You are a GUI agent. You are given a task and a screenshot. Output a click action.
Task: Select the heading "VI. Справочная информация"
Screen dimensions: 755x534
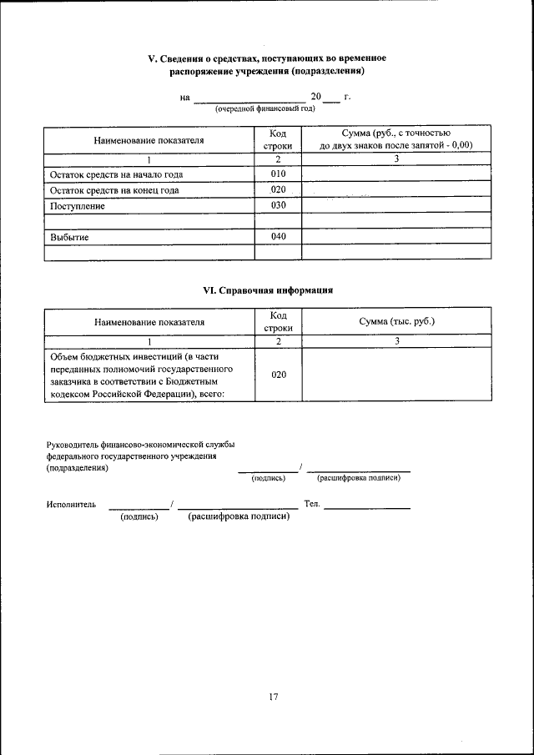pyautogui.click(x=269, y=290)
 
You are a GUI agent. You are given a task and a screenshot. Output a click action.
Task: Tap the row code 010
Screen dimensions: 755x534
pyautogui.click(x=278, y=174)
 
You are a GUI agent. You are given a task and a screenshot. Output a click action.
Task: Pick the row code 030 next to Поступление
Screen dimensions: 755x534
pyautogui.click(x=278, y=205)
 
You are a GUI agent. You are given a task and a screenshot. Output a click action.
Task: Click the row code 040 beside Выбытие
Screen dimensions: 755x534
pyautogui.click(x=278, y=237)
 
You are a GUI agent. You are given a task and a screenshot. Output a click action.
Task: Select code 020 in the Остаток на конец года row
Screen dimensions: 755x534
pyautogui.click(x=278, y=189)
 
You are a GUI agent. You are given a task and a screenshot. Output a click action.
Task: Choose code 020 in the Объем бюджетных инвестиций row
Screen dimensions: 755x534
pyautogui.click(x=278, y=375)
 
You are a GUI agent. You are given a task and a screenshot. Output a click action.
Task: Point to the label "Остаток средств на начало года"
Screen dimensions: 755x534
pyautogui.click(x=116, y=174)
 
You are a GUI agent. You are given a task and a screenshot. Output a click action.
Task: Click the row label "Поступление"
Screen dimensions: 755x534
pyautogui.click(x=78, y=206)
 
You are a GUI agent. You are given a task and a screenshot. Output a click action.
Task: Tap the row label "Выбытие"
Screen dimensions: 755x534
pyautogui.click(x=70, y=238)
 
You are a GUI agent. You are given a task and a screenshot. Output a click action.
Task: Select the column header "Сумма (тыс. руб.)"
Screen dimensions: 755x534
pyautogui.click(x=397, y=321)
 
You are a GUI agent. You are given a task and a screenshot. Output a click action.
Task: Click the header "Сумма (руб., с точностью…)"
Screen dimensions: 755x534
pyautogui.click(x=397, y=139)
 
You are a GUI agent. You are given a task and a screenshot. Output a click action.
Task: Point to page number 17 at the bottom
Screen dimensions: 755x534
pyautogui.click(x=273, y=697)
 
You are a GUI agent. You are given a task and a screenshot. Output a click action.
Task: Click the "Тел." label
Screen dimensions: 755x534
pyautogui.click(x=312, y=504)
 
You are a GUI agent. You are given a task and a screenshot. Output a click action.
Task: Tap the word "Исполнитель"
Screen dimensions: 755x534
pyautogui.click(x=71, y=504)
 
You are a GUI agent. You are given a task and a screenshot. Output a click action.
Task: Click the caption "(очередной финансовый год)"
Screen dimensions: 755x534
pyautogui.click(x=264, y=109)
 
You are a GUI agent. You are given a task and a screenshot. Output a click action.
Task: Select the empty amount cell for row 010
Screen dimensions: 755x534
pyautogui.click(x=397, y=174)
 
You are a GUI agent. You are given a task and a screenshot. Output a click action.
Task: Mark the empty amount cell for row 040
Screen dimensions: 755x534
pyautogui.click(x=397, y=237)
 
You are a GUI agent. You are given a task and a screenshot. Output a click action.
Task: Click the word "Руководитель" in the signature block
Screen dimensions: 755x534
pyautogui.click(x=73, y=445)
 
